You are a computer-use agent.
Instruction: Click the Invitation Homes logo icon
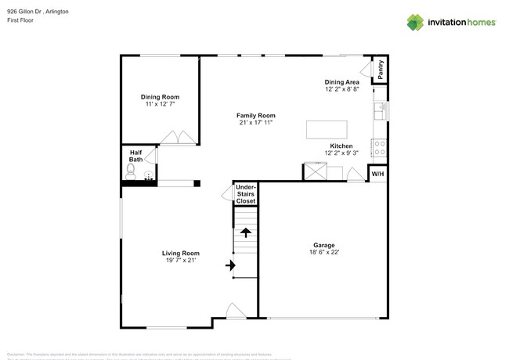(415, 22)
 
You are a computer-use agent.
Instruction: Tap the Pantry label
(380, 69)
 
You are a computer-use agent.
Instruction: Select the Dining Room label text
(160, 97)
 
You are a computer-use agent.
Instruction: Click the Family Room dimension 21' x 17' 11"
(257, 123)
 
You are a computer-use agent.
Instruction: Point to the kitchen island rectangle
(326, 129)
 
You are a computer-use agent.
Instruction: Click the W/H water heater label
(377, 174)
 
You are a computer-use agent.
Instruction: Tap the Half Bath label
(135, 156)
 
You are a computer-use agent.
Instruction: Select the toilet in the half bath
(131, 174)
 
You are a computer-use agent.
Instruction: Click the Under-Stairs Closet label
(246, 194)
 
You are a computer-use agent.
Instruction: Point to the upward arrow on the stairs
(246, 232)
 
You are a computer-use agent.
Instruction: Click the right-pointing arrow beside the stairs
(230, 266)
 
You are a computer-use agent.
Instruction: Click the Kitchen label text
(341, 146)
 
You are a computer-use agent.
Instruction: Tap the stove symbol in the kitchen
(379, 147)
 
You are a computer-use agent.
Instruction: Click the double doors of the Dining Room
(179, 139)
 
